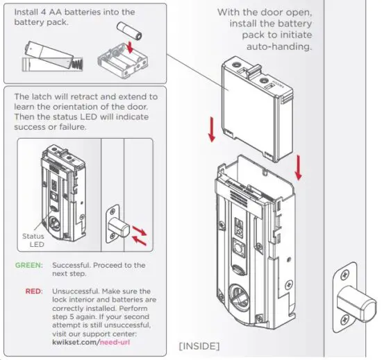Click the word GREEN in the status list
point(28,265)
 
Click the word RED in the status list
point(33,291)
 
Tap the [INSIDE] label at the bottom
point(199,345)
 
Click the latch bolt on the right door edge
point(359,301)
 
